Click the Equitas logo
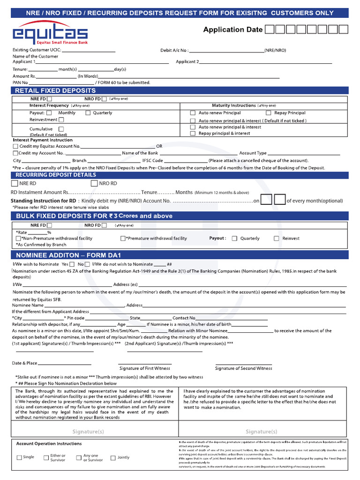pyautogui.click(x=50, y=34)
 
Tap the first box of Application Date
pyautogui.click(x=270, y=30)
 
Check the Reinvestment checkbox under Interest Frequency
pyautogui.click(x=61, y=120)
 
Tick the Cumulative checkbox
pyautogui.click(x=61, y=129)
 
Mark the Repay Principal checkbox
pyautogui.click(x=269, y=113)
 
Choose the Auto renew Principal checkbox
pyautogui.click(x=193, y=113)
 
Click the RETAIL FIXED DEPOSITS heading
pyautogui.click(x=55, y=90)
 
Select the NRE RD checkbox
pyautogui.click(x=15, y=183)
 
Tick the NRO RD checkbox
pyautogui.click(x=94, y=183)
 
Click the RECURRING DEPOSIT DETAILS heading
pyautogui.click(x=55, y=175)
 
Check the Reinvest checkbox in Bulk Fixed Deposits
pyautogui.click(x=276, y=239)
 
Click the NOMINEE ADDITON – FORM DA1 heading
pyautogui.click(x=68, y=255)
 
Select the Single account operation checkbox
pyautogui.click(x=19, y=457)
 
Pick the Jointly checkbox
pyautogui.click(x=112, y=457)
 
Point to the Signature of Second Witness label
pyautogui.click(x=243, y=368)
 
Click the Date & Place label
pyautogui.click(x=24, y=363)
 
